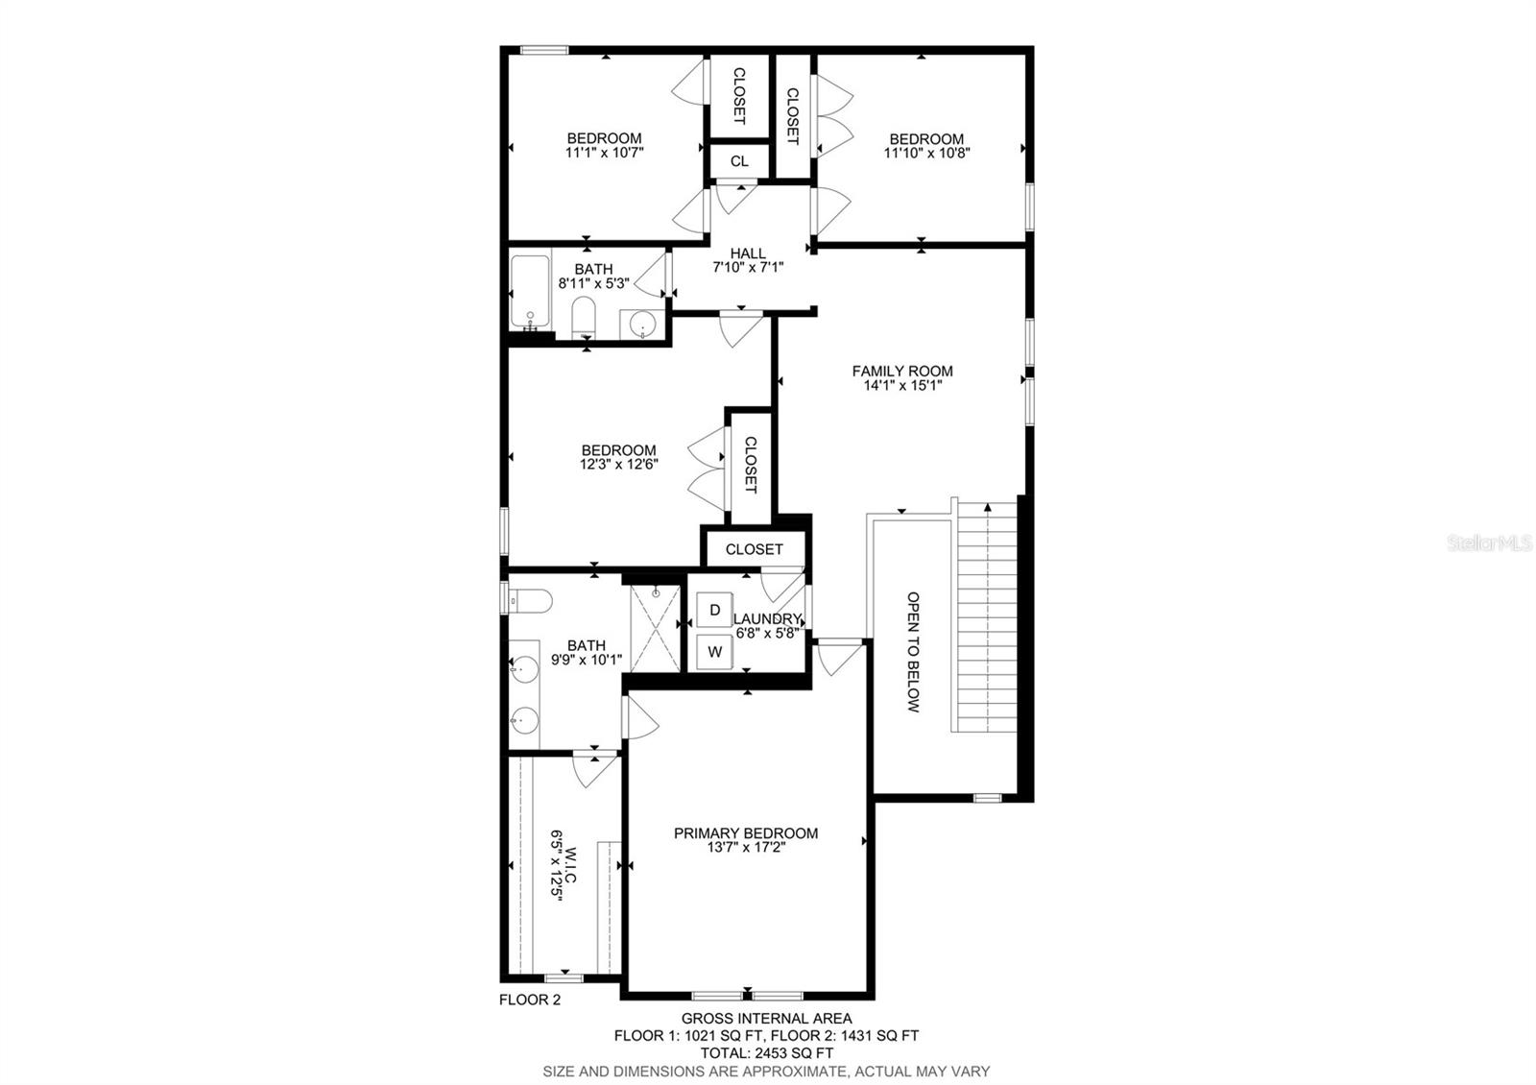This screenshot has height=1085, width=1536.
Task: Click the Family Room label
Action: coord(902,371)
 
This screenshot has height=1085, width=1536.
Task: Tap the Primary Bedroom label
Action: coord(745,833)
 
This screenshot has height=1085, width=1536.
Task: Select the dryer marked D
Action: coord(714,610)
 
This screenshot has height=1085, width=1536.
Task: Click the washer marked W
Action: coord(714,652)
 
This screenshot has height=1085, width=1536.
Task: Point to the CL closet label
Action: coord(739,161)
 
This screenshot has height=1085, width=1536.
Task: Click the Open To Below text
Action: coord(913,652)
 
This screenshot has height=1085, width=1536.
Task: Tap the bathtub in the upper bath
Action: coord(530,291)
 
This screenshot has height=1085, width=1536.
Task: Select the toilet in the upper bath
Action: coord(584,317)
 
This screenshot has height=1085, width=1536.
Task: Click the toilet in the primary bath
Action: coord(530,601)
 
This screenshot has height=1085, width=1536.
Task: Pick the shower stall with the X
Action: coord(655,629)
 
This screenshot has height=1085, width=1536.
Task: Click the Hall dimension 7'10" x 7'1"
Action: coord(748,268)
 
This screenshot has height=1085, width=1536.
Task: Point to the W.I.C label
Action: coord(570,866)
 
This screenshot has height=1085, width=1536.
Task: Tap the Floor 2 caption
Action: coord(529,1000)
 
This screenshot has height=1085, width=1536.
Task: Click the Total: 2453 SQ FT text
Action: coord(767,1052)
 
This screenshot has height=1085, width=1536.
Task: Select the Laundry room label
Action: coord(767,618)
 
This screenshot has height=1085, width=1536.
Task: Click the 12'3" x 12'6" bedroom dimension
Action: coord(618,465)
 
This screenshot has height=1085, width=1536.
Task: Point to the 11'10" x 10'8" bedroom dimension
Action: coord(926,153)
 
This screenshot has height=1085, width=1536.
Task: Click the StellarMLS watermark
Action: coord(1489,543)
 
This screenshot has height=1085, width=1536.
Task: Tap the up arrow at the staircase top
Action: coord(988,508)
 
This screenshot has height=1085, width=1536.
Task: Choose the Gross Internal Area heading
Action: coord(767,1019)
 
